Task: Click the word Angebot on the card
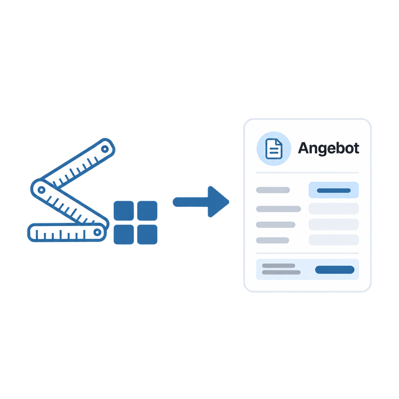[x=328, y=148]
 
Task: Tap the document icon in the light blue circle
[x=274, y=149]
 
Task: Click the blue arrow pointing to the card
[x=201, y=202]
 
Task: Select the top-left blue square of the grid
[x=124, y=211]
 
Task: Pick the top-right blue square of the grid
[x=147, y=211]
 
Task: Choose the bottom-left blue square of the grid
[x=124, y=234]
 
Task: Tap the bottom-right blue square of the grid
[x=147, y=234]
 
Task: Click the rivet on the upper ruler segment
[x=105, y=149]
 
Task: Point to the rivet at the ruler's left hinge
[x=41, y=190]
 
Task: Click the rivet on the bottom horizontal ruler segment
[x=97, y=232]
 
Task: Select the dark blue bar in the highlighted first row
[x=334, y=191]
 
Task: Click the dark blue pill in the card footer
[x=335, y=270]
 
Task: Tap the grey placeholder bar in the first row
[x=273, y=190]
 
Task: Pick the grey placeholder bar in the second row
[x=278, y=209]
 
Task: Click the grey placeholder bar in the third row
[x=275, y=225]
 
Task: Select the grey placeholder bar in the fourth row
[x=272, y=240]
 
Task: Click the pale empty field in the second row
[x=334, y=209]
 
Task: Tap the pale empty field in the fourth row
[x=334, y=240]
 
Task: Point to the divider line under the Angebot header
[x=307, y=173]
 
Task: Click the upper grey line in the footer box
[x=279, y=266]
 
